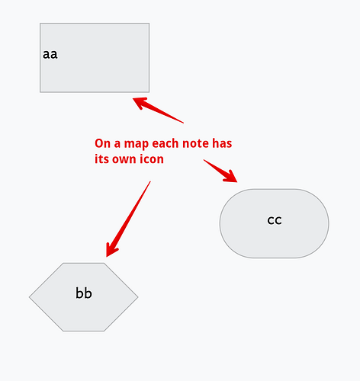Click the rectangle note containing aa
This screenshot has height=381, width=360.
point(95,58)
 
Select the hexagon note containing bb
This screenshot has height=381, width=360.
point(84,297)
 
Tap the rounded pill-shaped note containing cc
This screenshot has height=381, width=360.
point(274,223)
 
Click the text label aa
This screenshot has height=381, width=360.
point(50,54)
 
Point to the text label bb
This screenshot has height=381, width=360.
point(84,293)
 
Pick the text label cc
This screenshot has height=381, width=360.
point(275,220)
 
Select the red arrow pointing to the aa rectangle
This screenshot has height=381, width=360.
point(158,110)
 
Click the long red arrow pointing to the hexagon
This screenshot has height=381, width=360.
point(128,219)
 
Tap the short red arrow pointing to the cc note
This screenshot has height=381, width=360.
point(220,171)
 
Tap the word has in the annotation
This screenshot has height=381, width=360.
point(222,143)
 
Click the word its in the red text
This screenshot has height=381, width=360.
point(101,159)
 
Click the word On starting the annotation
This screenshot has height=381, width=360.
point(102,143)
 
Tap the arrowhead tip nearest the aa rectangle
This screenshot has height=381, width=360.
point(133,99)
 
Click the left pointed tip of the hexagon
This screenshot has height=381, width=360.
point(29,297)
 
